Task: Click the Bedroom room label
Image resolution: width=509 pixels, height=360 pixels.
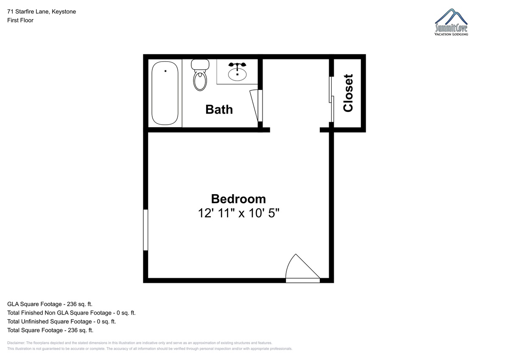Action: [238, 199]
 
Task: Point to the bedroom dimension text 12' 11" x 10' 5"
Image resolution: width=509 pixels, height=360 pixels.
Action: [238, 213]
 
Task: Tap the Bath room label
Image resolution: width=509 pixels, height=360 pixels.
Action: [219, 109]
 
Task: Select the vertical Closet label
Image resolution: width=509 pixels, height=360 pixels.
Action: [348, 93]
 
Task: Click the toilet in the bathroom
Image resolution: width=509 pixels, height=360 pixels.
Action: [200, 75]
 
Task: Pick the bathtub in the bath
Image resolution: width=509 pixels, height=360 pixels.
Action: [165, 93]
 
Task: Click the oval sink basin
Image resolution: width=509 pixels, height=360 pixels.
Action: [237, 74]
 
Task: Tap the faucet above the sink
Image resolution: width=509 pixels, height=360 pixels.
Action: [237, 65]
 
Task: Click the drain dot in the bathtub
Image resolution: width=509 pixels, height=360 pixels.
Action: [165, 71]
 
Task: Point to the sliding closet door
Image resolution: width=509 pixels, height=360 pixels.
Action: [331, 100]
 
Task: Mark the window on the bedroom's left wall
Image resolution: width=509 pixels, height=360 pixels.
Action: [145, 230]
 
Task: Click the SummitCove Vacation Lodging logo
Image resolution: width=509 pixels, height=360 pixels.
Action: [451, 22]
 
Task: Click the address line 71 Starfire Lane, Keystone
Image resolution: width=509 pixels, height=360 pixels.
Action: [42, 11]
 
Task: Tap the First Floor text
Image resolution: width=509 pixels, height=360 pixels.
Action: [20, 20]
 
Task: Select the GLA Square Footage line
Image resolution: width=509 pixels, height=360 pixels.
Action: [50, 304]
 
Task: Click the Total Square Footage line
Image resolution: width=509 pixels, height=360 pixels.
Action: [50, 330]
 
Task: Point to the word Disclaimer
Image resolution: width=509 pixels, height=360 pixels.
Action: [16, 343]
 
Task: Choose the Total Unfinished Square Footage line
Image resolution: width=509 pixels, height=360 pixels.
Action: [62, 321]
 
